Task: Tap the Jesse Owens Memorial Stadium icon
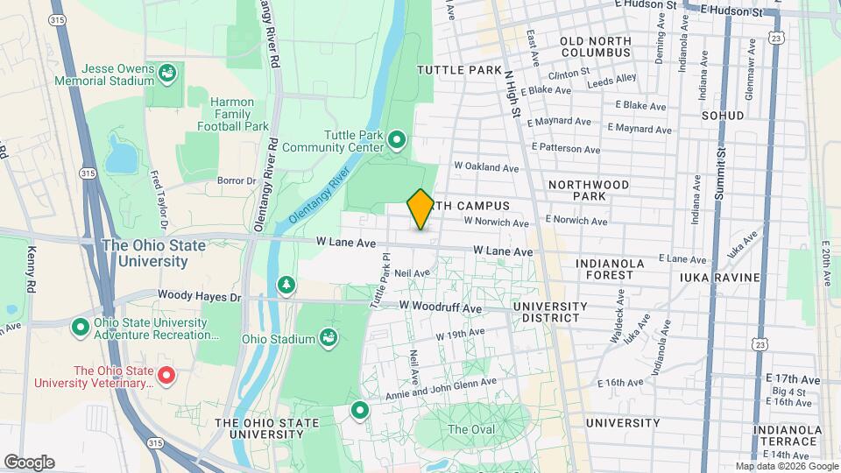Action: coord(166,74)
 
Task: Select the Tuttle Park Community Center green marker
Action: coord(397,139)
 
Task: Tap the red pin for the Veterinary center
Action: coord(167,377)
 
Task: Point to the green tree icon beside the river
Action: coord(286,285)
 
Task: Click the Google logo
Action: coord(29,462)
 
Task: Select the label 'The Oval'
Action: coord(470,429)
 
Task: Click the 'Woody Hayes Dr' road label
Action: coord(199,297)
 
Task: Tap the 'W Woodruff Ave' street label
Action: coord(441,308)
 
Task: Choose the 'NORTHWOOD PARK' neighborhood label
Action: coord(589,190)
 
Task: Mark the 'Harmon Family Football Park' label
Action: coord(232,114)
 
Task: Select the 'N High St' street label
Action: coord(512,95)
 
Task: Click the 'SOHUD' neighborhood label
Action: coord(723,116)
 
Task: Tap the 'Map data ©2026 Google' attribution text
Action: coord(785,466)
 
